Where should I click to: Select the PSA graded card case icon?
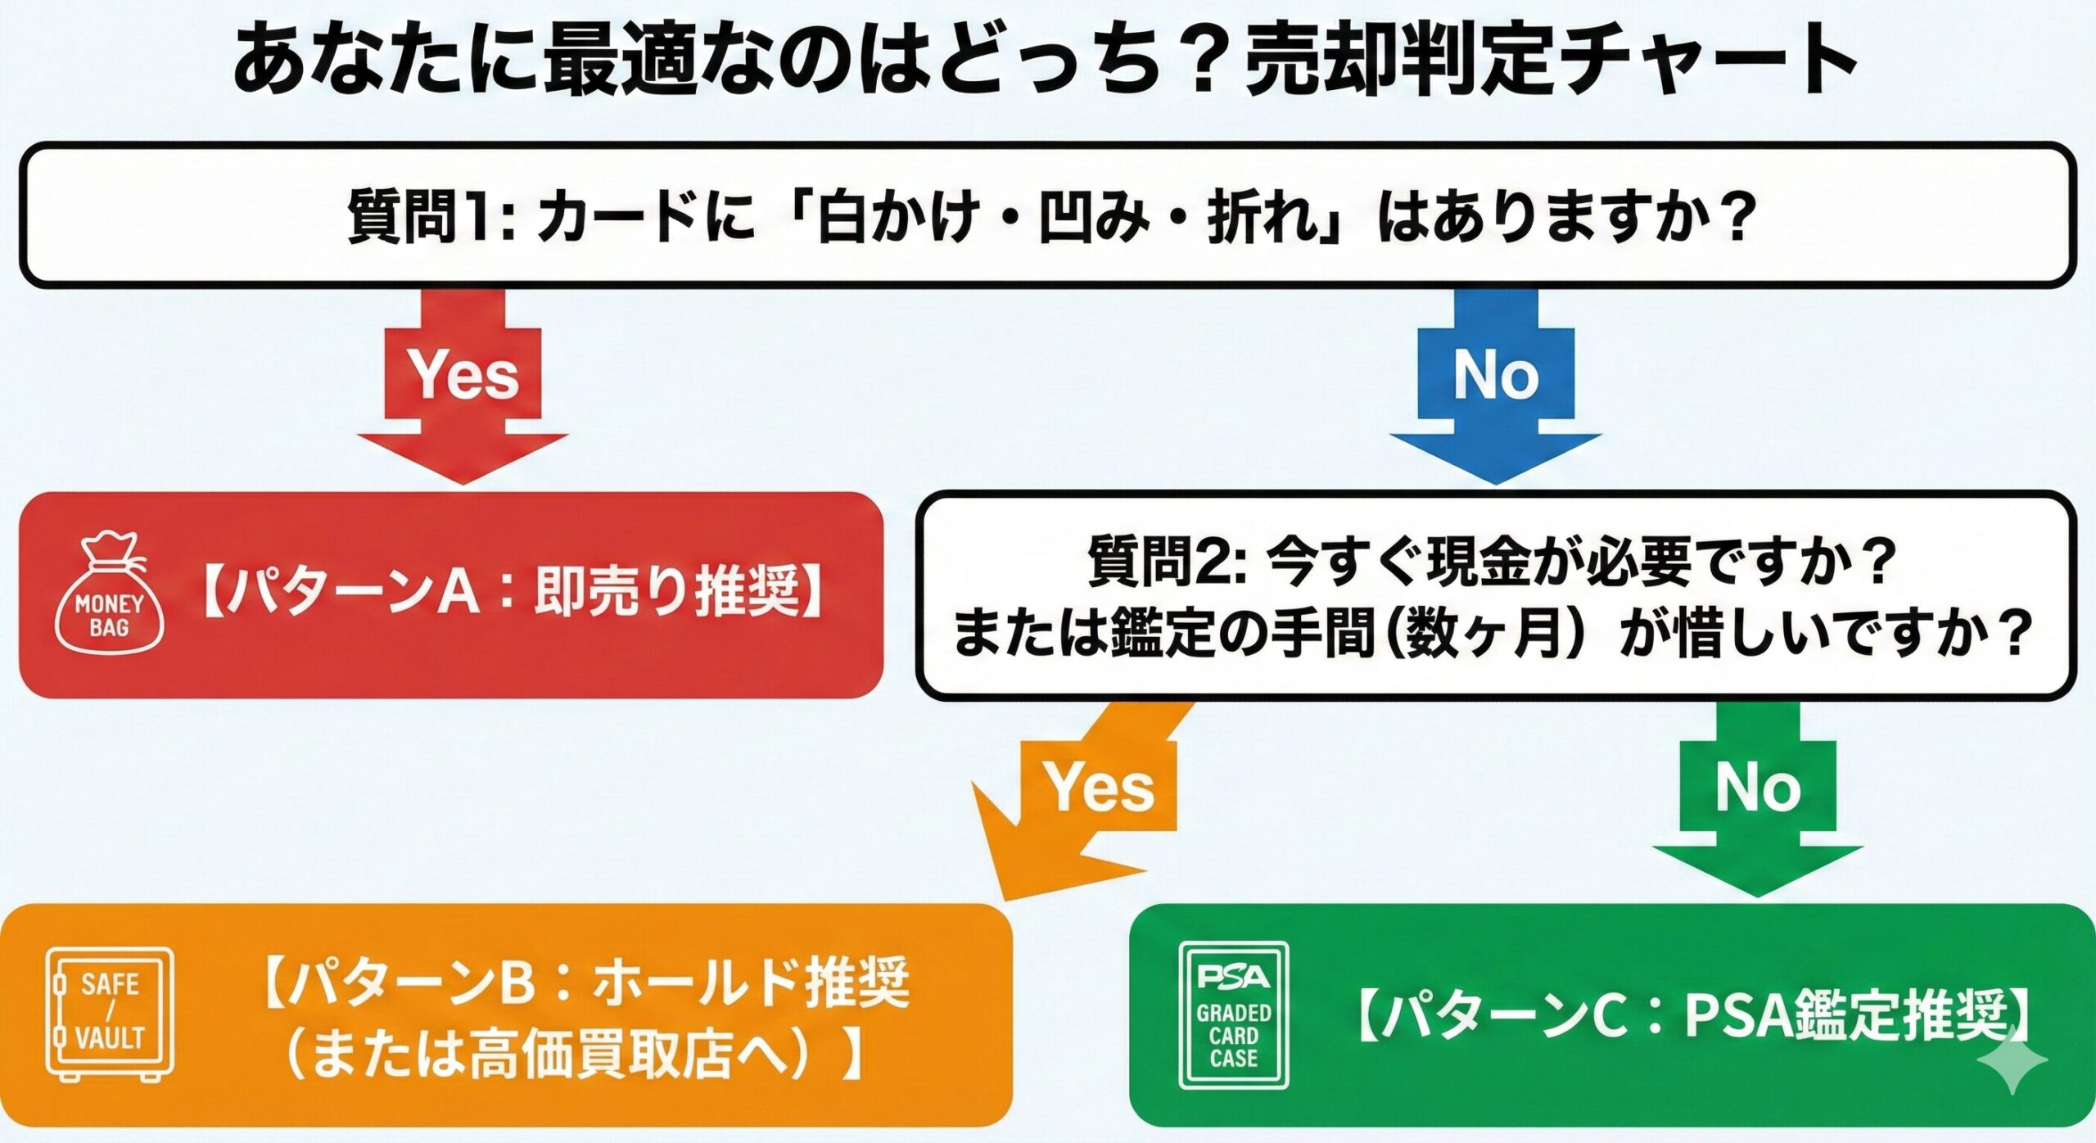point(1233,1015)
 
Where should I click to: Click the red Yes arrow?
point(463,385)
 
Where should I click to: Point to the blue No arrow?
point(1495,385)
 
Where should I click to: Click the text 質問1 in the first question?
point(418,217)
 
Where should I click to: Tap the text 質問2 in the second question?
point(1155,562)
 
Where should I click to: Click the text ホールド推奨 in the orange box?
point(749,983)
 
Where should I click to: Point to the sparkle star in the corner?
point(2012,1059)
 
